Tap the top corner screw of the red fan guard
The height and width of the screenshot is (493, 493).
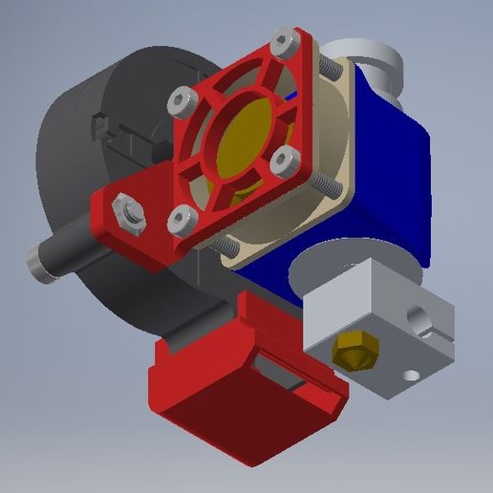(x=281, y=42)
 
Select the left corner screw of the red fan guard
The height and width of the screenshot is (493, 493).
(x=181, y=100)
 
